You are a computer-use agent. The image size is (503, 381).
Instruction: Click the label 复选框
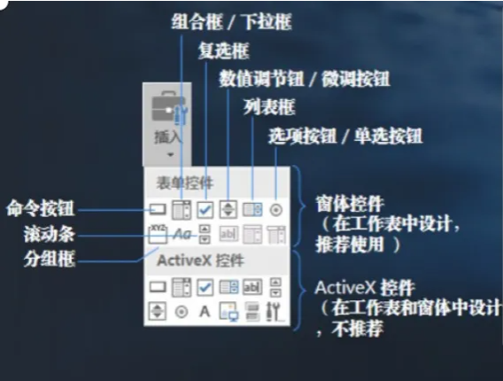click(223, 51)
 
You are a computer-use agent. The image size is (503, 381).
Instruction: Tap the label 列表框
click(269, 107)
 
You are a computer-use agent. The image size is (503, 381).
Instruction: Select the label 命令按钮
click(41, 208)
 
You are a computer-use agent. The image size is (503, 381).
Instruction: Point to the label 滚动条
click(50, 234)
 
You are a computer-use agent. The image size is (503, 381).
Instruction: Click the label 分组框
click(50, 259)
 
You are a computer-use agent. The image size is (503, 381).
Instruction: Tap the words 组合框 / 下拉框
click(231, 22)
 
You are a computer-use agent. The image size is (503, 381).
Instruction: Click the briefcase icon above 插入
click(169, 108)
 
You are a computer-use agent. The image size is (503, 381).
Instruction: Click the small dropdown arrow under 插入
click(170, 155)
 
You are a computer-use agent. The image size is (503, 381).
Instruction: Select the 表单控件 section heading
click(184, 183)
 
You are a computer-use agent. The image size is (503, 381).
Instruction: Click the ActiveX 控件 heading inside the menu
click(200, 260)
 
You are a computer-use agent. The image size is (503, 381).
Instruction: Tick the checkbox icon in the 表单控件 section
click(205, 210)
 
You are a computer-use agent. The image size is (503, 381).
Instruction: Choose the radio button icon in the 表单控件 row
click(276, 210)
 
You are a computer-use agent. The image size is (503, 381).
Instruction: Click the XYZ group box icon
click(159, 234)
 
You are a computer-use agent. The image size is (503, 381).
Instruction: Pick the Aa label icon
click(182, 234)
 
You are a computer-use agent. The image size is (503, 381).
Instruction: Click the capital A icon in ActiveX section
click(205, 311)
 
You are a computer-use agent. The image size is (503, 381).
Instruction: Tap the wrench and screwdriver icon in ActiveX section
click(275, 311)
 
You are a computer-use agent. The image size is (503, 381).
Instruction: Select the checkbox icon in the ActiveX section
click(205, 287)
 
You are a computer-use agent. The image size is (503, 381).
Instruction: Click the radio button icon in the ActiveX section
click(182, 312)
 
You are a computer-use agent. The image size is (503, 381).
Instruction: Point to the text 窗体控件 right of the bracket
click(350, 204)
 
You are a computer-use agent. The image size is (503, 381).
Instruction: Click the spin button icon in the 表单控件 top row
click(228, 210)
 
